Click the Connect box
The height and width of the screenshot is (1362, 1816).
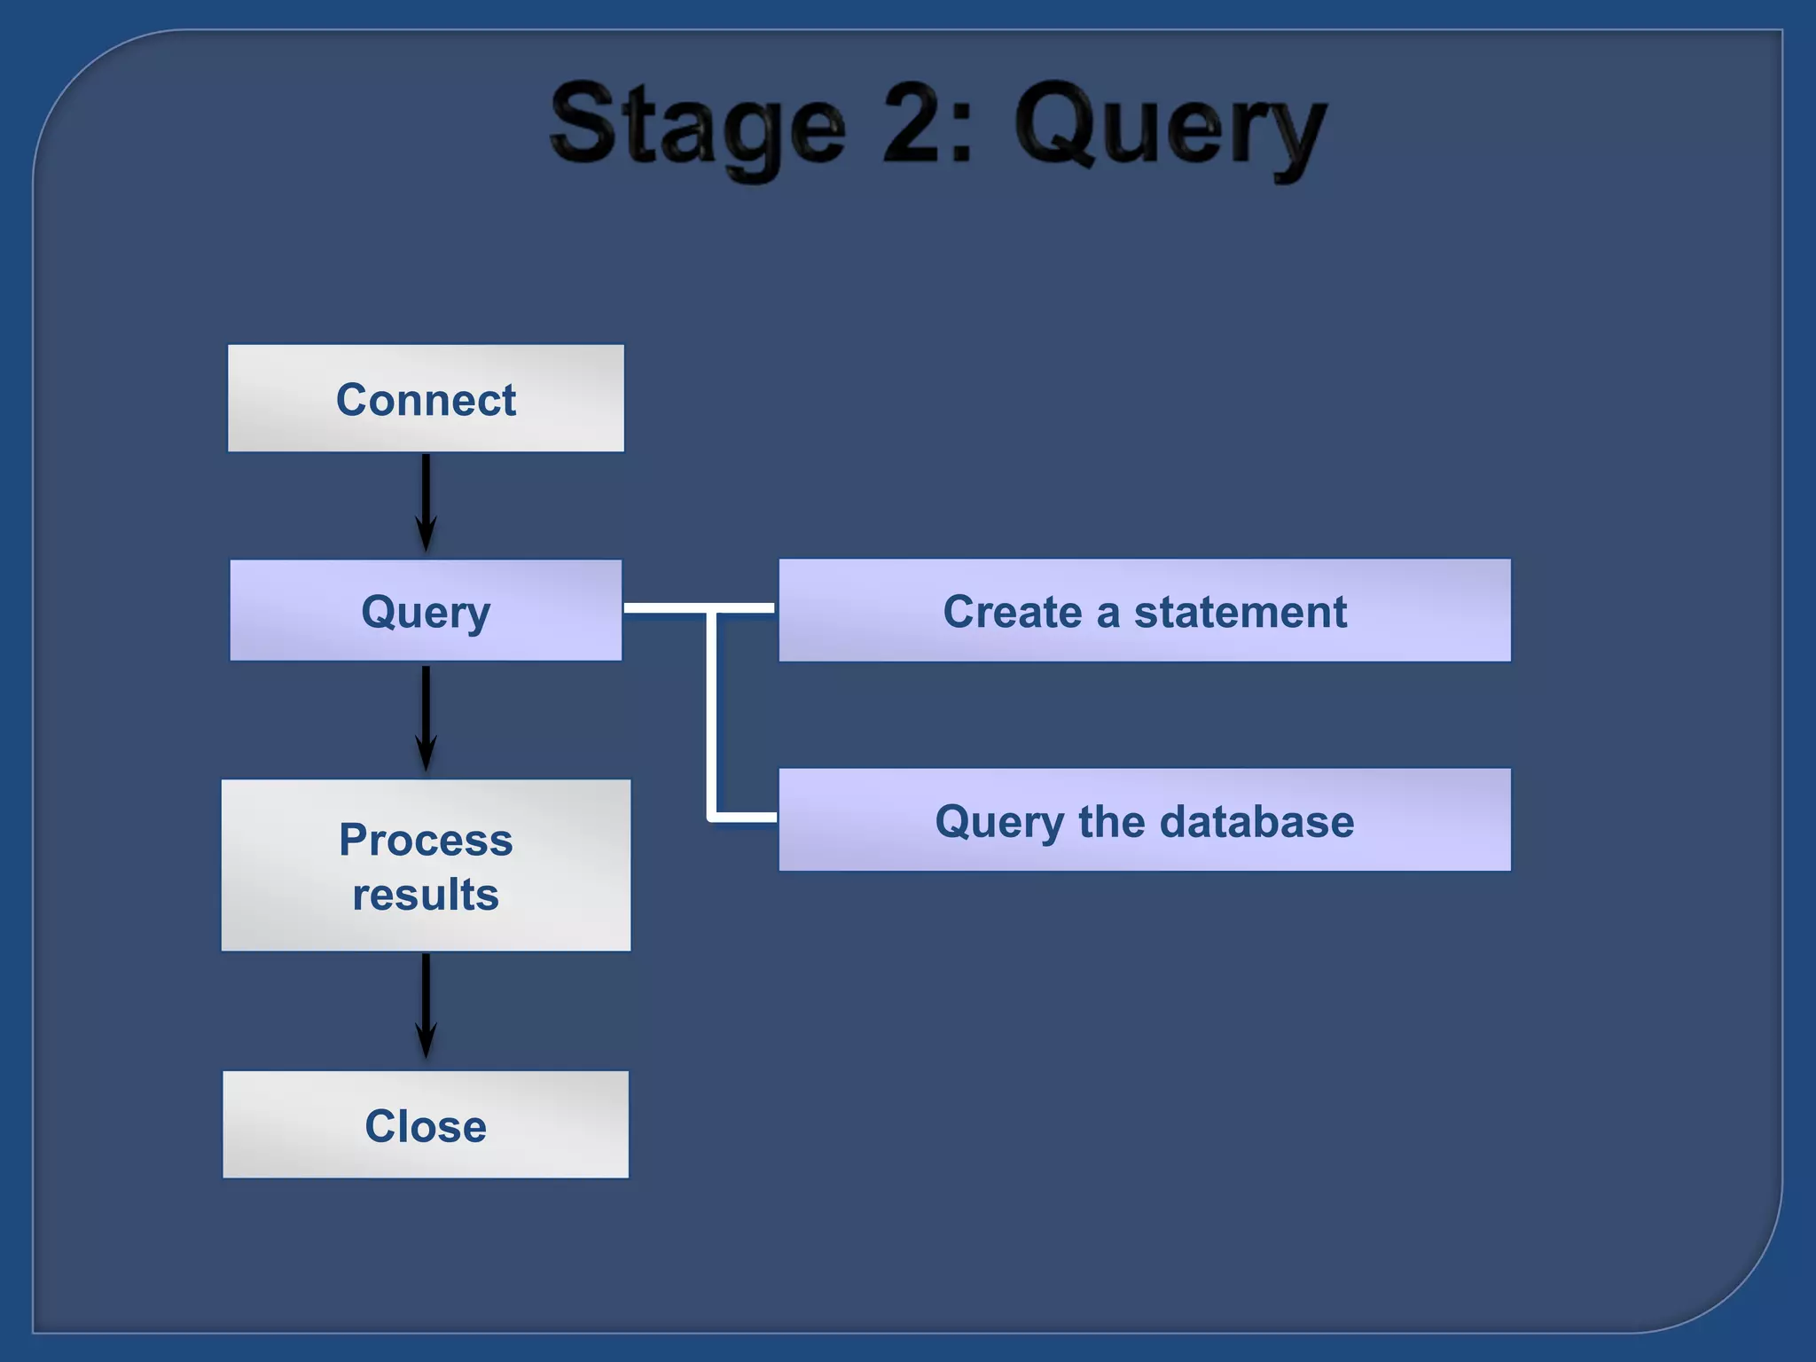click(426, 398)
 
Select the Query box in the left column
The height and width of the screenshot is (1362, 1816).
click(426, 610)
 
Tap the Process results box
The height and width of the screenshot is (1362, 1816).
click(426, 865)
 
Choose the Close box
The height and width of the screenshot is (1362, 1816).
click(426, 1124)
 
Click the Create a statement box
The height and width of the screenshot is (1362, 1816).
click(1144, 610)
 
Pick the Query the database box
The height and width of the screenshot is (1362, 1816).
click(1144, 820)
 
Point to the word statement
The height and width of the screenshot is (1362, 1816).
click(1241, 612)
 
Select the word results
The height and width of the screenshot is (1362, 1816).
click(426, 894)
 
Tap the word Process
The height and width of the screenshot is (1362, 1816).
click(426, 840)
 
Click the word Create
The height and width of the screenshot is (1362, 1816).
click(1012, 612)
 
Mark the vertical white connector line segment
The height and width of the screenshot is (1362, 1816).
click(711, 714)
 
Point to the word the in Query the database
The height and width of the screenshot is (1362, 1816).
click(1111, 821)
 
